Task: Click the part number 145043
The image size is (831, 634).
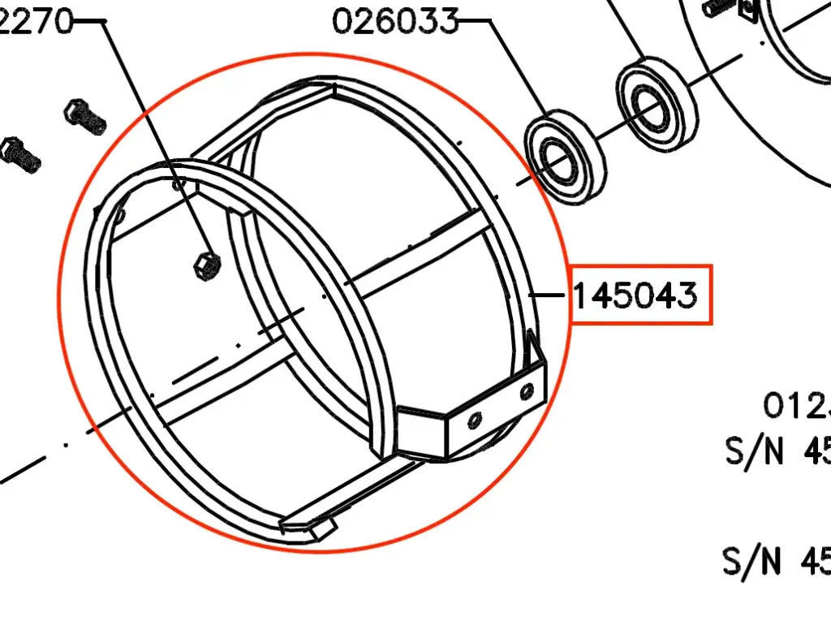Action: click(636, 295)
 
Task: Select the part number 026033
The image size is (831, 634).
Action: click(395, 21)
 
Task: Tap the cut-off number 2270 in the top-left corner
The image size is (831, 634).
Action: click(36, 23)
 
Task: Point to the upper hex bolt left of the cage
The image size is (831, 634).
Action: click(84, 117)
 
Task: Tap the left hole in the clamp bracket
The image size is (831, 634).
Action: click(475, 419)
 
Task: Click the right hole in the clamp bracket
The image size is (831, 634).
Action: click(528, 391)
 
